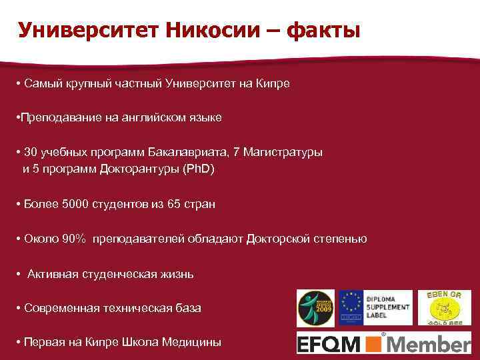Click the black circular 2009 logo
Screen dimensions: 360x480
313,308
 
